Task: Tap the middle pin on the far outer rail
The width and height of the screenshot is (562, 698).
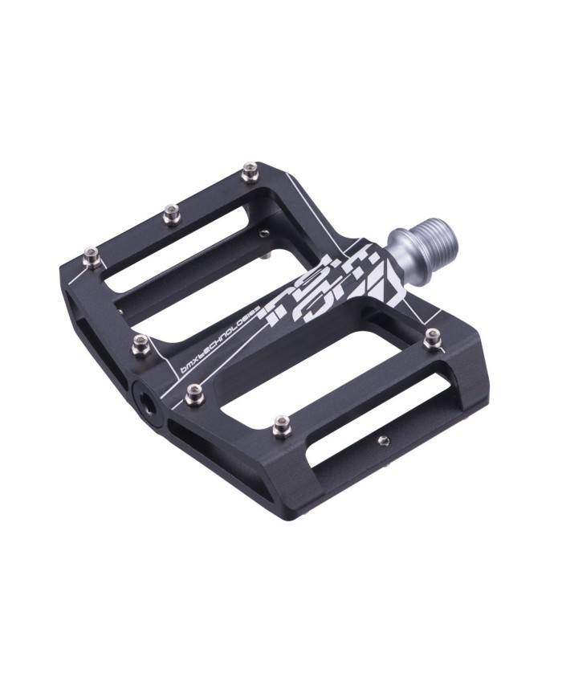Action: pos(170,213)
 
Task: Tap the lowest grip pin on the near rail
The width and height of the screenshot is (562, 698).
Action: pos(281,425)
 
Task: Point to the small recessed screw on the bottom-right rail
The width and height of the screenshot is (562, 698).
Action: pos(383,440)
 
